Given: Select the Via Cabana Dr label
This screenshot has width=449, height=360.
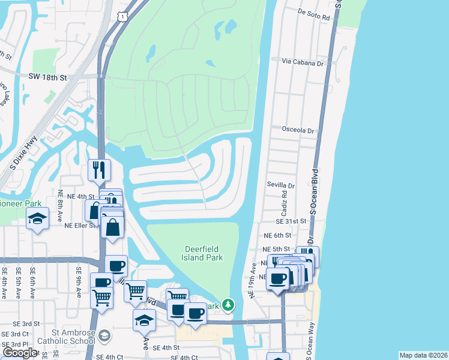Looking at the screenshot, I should (x=303, y=62).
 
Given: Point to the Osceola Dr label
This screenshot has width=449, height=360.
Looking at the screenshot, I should (x=298, y=130).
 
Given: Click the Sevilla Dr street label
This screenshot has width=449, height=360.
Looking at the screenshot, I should (x=282, y=187).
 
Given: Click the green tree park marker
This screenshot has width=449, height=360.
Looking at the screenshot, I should (x=228, y=305).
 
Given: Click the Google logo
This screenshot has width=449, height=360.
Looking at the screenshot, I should (x=20, y=353).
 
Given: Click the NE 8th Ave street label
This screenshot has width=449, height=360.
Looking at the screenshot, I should (x=61, y=206).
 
